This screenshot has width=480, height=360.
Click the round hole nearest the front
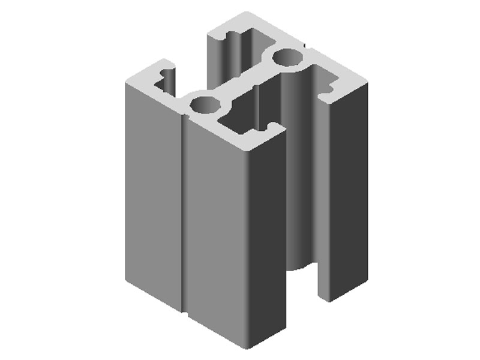(205, 104)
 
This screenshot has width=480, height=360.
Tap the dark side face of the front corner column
(267, 240)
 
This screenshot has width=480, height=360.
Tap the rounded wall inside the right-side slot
(297, 180)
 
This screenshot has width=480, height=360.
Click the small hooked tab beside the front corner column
(276, 128)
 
